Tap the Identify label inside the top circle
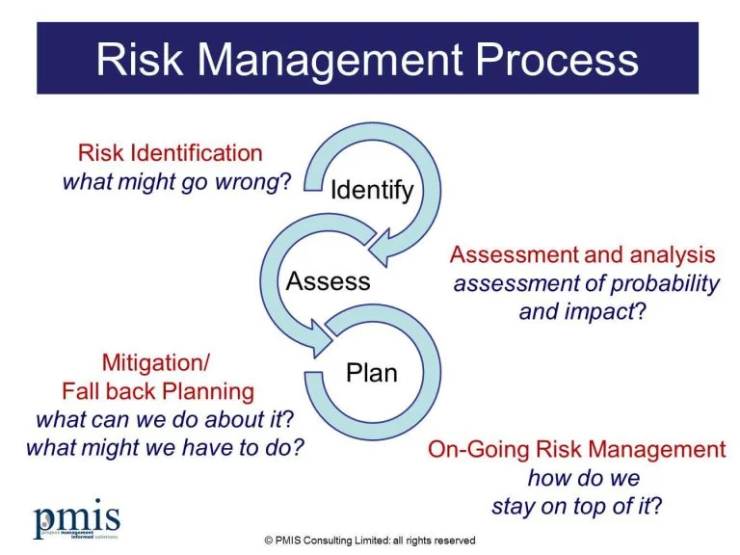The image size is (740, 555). [372, 190]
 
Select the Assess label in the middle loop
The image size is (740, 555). [328, 281]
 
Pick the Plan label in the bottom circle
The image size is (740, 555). [371, 372]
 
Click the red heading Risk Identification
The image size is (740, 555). [170, 153]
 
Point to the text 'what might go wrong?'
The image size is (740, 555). [176, 182]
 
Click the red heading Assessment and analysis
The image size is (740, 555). [583, 255]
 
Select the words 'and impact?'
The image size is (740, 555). [582, 312]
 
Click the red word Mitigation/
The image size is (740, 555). [155, 363]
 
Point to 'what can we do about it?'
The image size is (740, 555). [164, 420]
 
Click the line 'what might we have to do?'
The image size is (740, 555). [159, 448]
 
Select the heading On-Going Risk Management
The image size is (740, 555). [576, 449]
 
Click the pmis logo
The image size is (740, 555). [78, 517]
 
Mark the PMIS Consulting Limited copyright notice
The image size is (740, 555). [370, 541]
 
